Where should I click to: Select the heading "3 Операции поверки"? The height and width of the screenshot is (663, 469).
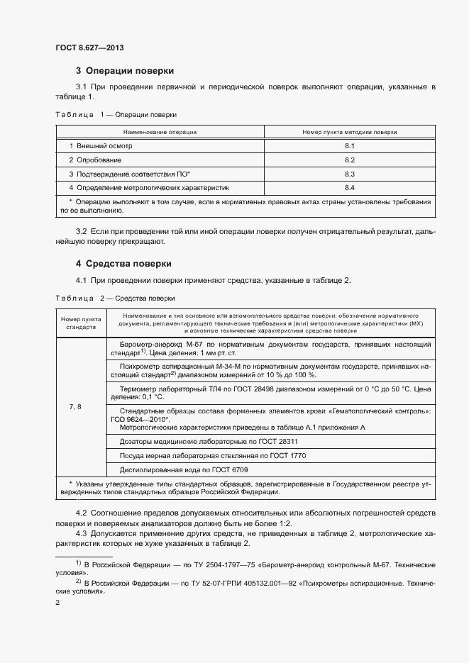(125, 71)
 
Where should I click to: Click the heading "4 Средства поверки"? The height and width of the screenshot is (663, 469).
(124, 264)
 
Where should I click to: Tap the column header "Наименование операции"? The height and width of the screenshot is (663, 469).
(160, 132)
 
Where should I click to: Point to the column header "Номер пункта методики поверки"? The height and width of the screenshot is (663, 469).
(349, 132)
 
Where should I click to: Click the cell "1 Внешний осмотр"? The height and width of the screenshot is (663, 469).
(101, 145)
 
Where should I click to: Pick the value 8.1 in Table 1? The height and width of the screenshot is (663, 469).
(349, 145)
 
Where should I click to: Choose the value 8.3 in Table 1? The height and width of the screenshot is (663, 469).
(349, 174)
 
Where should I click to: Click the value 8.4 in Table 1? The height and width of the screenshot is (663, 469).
(349, 188)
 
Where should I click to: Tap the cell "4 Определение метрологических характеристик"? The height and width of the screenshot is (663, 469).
(149, 188)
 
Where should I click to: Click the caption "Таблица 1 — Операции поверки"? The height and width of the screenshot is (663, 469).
(116, 114)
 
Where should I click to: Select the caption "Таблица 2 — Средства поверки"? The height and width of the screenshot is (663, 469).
(115, 299)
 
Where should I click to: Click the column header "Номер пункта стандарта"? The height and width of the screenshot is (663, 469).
(81, 323)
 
